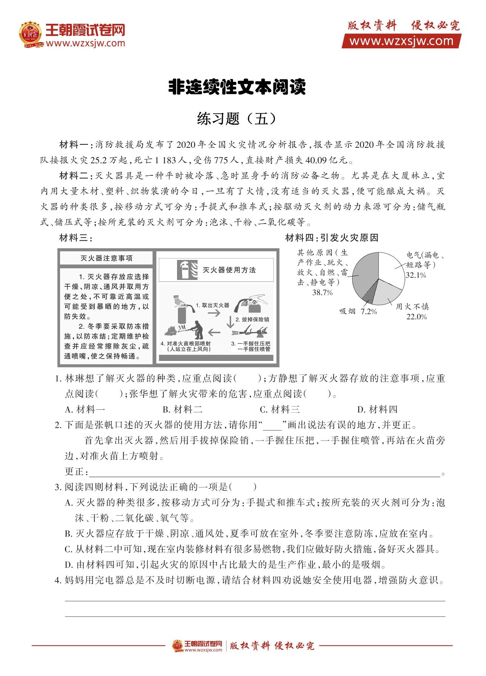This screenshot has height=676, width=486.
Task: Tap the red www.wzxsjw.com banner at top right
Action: (401, 41)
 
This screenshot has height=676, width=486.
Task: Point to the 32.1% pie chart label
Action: (416, 275)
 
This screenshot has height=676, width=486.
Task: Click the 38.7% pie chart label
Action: (322, 292)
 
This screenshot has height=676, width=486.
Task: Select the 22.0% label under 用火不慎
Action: (417, 317)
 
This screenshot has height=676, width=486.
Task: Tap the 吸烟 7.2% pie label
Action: (358, 311)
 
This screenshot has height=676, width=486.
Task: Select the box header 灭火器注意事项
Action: (106, 258)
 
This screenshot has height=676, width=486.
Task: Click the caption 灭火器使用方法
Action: (229, 270)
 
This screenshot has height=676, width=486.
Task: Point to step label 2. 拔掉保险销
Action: (252, 319)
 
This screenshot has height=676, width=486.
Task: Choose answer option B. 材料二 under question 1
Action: (183, 409)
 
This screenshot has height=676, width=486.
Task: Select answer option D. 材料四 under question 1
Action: (377, 409)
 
